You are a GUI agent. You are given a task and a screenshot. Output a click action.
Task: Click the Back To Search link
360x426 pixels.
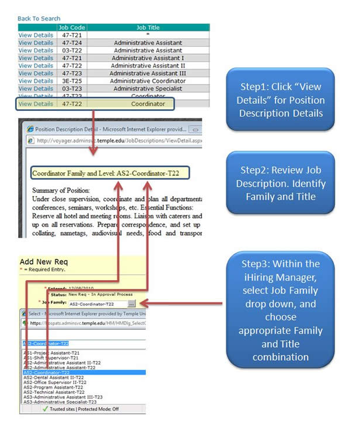[x=39, y=19]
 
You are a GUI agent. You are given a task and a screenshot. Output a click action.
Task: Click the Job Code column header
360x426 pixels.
[x=72, y=27]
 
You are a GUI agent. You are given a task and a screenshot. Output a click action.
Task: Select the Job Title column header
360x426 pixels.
[x=148, y=27]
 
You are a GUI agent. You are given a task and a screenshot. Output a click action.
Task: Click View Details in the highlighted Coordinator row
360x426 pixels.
[x=36, y=104]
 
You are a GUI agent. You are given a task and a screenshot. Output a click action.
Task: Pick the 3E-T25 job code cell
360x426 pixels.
[x=72, y=81]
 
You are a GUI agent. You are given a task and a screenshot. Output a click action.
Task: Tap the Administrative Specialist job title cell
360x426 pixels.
[x=148, y=89]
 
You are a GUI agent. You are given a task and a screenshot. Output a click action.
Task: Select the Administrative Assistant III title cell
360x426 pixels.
[x=148, y=74]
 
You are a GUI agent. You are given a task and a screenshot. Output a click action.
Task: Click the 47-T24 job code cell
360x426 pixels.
[x=72, y=43]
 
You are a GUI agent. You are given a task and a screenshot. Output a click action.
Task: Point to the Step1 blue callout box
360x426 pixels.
[x=280, y=99]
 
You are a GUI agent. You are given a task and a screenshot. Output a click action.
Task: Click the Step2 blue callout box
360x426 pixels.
[x=280, y=183]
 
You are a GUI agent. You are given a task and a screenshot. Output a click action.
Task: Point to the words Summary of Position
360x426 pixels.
[x=61, y=190]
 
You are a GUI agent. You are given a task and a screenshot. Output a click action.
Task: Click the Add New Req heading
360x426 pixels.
[x=44, y=262]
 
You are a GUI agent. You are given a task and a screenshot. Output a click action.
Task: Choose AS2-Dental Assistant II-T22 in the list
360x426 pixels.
[x=54, y=378]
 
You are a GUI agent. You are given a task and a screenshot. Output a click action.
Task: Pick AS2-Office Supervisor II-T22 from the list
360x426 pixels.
[x=54, y=382]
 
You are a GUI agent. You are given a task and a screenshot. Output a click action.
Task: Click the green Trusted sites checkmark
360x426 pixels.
[x=45, y=409]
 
